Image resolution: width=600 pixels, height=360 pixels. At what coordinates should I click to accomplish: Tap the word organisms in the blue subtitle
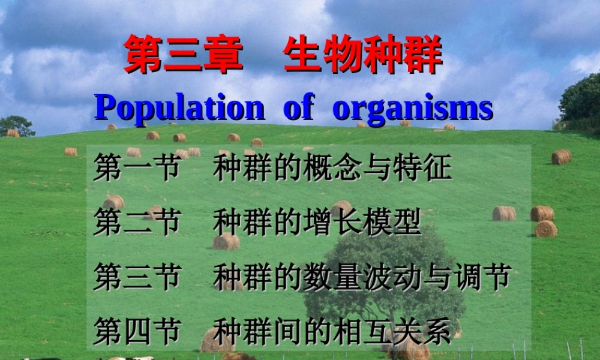pos(413,109)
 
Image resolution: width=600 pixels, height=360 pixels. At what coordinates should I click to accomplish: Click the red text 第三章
pos(184,54)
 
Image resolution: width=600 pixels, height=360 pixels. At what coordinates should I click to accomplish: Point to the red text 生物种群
pos(363,54)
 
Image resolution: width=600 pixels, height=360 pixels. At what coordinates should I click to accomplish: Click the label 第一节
pos(137,169)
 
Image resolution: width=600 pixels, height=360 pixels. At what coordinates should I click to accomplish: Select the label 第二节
pos(137,222)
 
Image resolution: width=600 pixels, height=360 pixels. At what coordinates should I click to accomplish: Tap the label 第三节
pos(137,277)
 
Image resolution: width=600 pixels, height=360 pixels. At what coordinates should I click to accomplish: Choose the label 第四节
pos(137,331)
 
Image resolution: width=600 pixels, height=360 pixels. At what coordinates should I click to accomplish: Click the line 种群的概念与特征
pos(332,169)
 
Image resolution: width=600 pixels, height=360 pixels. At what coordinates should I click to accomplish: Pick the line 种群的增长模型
pos(317,222)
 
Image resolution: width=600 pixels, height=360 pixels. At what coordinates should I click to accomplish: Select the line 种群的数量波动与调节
pos(362,277)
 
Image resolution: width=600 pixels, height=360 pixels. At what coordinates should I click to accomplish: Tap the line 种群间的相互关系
pos(332,331)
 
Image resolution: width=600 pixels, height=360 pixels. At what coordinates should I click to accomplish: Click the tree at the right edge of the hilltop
pos(581,102)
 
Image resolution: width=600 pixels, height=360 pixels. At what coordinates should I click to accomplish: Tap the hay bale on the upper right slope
pos(561,157)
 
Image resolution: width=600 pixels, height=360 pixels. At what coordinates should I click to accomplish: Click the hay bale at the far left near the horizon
pos(13,133)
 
